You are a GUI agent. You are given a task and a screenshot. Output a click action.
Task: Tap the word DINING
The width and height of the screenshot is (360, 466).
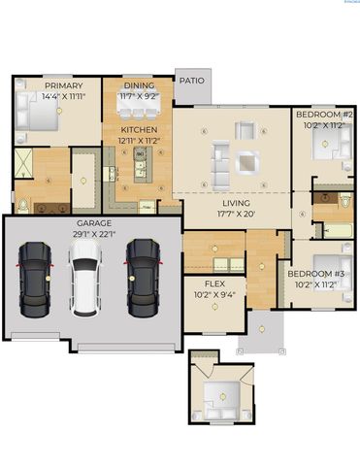139,85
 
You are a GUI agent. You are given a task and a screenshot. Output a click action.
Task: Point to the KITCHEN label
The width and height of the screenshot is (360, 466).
139,129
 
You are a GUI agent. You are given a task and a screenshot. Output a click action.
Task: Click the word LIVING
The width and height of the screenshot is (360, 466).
236,203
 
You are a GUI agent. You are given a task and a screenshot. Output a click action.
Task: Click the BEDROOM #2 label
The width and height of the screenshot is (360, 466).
322,115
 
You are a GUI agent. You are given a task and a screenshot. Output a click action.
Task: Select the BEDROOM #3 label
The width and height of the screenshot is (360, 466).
315,274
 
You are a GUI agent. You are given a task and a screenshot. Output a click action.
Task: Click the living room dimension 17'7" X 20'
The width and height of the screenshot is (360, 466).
236,215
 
